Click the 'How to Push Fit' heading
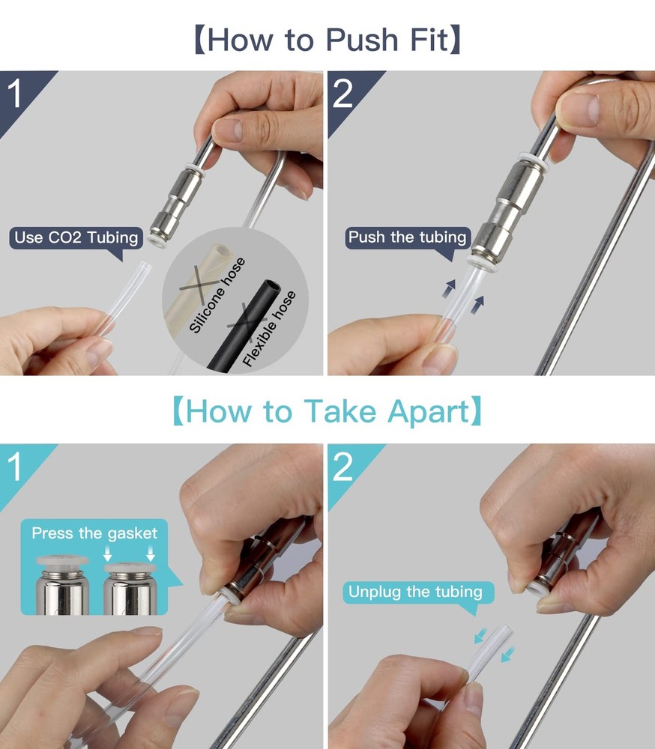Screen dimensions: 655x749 pos(327,40)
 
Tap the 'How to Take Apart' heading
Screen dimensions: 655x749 pos(327,411)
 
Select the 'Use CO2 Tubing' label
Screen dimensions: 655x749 pos(76,237)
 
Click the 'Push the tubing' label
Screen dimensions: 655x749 pos(408,237)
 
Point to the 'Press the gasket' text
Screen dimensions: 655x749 pos(94,533)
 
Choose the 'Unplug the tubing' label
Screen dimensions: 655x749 pos(415,592)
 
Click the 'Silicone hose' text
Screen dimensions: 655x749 pos(217,294)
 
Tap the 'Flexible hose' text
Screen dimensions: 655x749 pos(269,329)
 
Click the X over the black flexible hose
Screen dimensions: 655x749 pos(247,322)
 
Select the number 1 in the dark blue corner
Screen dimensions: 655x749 pos(15,94)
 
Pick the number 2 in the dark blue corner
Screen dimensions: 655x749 pos(342,94)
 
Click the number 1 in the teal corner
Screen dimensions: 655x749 pos(15,466)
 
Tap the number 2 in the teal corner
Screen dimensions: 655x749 pos(342,466)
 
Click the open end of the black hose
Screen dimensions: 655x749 pos(270,288)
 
